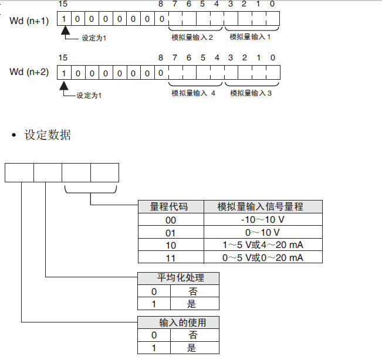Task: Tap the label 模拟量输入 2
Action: pyautogui.click(x=192, y=37)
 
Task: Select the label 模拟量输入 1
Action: pyautogui.click(x=251, y=37)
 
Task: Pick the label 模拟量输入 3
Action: pyautogui.click(x=251, y=93)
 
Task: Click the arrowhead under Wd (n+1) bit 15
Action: pyautogui.click(x=64, y=31)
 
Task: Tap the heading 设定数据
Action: pyautogui.click(x=48, y=135)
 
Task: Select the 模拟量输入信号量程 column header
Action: pyautogui.click(x=263, y=206)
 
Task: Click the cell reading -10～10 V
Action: pyautogui.click(x=263, y=220)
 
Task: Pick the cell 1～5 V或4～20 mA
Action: pyautogui.click(x=263, y=245)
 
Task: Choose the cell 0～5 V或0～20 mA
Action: pyautogui.click(x=263, y=258)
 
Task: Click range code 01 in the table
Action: pyautogui.click(x=170, y=233)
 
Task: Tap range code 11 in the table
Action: pyautogui.click(x=170, y=258)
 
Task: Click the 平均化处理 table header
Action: pyautogui.click(x=178, y=277)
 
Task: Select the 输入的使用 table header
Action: pyautogui.click(x=178, y=322)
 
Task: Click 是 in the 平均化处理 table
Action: pyautogui.click(x=192, y=304)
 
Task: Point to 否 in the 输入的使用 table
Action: pyautogui.click(x=192, y=335)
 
